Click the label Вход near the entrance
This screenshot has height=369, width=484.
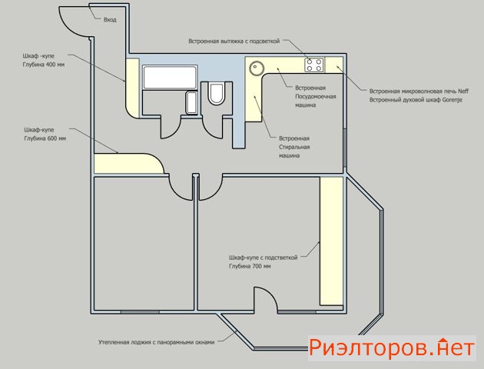[x=110, y=20]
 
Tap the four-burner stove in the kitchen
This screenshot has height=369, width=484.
[x=314, y=65]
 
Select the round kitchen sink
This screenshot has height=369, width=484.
[x=257, y=68]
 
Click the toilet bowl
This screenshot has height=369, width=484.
[x=217, y=94]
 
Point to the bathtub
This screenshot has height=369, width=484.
[x=170, y=77]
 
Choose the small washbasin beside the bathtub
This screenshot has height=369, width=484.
[x=191, y=103]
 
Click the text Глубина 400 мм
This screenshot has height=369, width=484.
[x=44, y=65]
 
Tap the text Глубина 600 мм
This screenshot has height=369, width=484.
[x=45, y=138]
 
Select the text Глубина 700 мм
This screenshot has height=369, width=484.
[x=250, y=266]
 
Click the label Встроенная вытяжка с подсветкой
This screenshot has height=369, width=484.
[x=234, y=41]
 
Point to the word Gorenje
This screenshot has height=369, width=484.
[x=453, y=100]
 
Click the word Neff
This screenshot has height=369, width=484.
[x=463, y=91]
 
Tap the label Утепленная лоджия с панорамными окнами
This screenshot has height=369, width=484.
[x=156, y=342]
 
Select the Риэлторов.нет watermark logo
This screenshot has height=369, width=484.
[x=392, y=347]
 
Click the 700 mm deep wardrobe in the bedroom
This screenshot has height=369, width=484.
[x=332, y=241]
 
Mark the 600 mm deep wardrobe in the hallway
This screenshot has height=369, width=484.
[x=128, y=163]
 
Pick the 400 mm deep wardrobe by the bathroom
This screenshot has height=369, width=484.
[x=132, y=88]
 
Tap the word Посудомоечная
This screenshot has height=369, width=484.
[x=316, y=96]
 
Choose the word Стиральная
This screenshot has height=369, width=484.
[x=294, y=147]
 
